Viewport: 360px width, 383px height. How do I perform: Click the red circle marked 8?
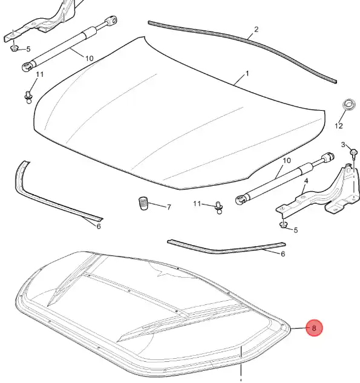coord(315,328)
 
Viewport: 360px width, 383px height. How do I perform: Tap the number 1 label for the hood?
coord(247,74)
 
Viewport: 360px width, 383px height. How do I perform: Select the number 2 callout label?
coord(256,30)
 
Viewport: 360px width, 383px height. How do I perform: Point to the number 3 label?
coord(343,145)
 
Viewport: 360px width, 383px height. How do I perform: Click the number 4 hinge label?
coord(306,181)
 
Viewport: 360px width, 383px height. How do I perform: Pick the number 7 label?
coord(169,208)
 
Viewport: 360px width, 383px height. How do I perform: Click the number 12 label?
coord(339,126)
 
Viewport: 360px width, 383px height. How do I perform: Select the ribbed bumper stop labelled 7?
coord(143,203)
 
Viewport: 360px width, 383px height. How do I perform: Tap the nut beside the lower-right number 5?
coord(283,224)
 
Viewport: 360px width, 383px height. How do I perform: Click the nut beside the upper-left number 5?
coord(15,48)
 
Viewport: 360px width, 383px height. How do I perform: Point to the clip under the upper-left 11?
coord(28,97)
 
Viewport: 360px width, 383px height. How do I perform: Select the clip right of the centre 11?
coord(218,208)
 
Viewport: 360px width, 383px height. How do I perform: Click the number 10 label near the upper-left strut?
coord(90,59)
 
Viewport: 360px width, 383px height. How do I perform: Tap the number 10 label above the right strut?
coord(287,161)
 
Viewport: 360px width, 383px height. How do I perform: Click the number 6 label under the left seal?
coord(99,226)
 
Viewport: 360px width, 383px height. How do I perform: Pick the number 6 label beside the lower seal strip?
coord(283,254)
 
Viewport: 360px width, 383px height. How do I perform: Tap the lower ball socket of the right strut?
coord(241,200)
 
